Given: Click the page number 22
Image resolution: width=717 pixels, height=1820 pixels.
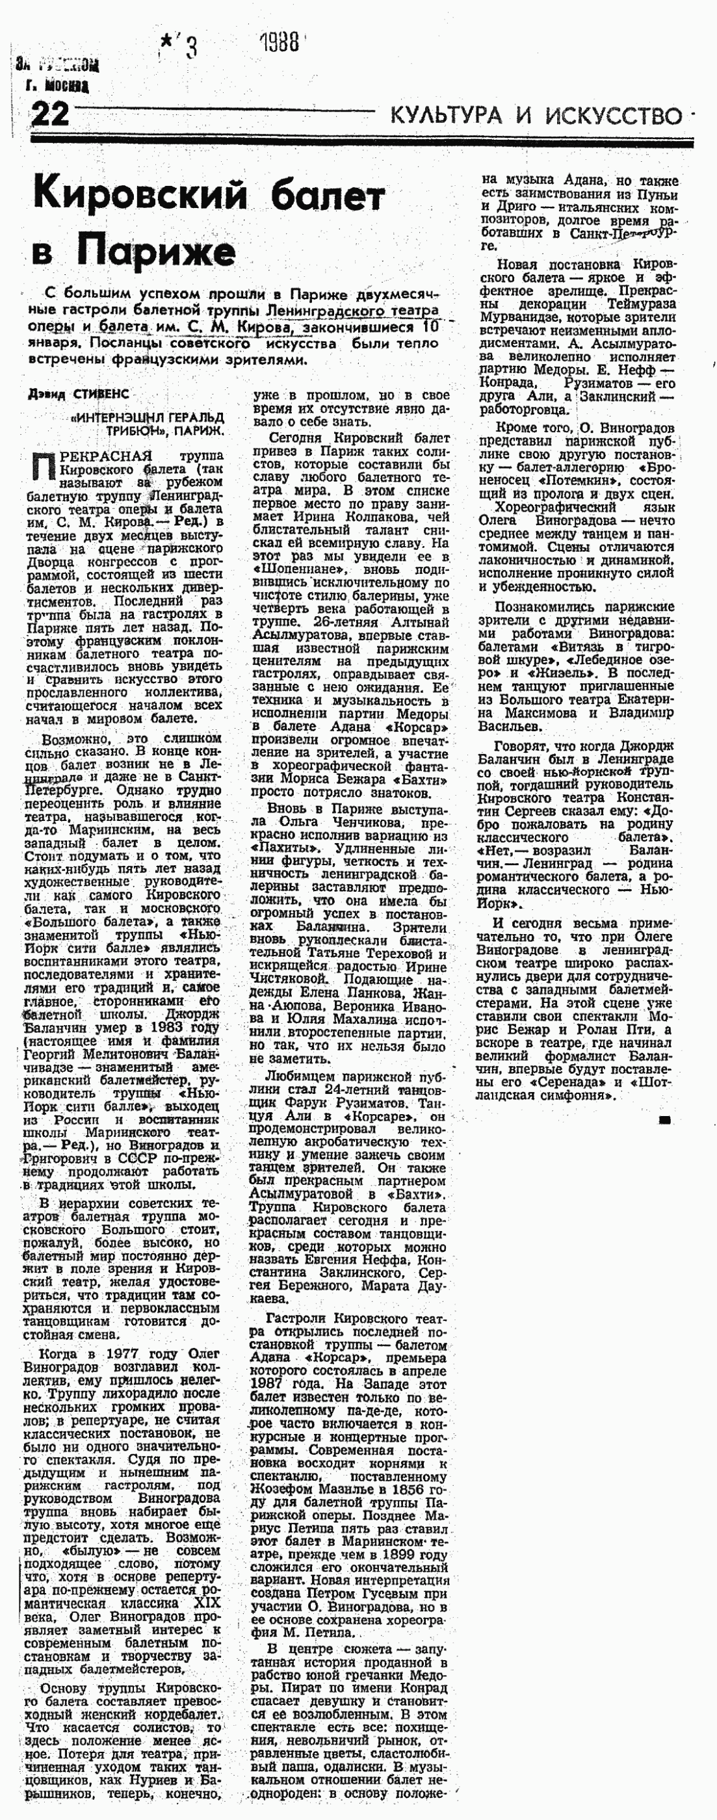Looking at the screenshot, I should coord(49,113).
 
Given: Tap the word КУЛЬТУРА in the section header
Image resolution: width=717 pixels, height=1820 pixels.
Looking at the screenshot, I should coord(446,114).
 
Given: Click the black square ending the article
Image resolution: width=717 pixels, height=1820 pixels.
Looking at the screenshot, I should coord(664,1120).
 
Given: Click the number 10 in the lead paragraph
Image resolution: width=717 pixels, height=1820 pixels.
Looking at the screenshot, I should coord(431,326).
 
